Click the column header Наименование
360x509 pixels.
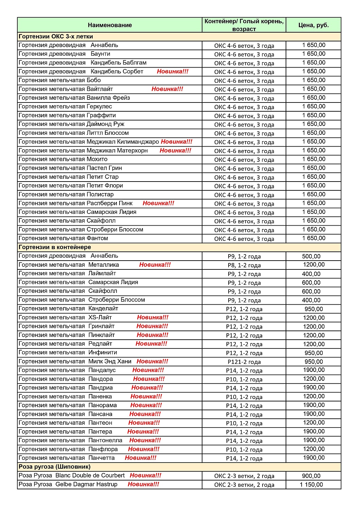[110, 25]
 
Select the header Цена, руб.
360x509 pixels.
[313, 25]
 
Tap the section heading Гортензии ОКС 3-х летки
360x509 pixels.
[56, 37]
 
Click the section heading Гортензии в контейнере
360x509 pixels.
[55, 247]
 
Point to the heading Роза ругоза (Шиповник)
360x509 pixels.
[54, 467]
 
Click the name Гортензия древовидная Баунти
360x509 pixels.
[64, 54]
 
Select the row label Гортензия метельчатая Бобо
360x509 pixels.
[60, 80]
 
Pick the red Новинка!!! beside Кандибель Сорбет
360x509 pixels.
[173, 72]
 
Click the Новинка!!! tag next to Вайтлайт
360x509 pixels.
[167, 89]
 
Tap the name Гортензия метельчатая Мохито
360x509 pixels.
[63, 159]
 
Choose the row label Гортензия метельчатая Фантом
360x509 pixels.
[63, 239]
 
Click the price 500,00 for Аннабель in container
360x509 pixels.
[311, 257]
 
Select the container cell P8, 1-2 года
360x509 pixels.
[244, 265]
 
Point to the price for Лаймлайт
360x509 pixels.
[311, 274]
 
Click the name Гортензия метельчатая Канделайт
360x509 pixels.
[68, 309]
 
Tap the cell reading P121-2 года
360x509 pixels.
[244, 362]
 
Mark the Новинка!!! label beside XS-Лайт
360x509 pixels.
[152, 318]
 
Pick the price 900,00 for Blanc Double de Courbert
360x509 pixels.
[311, 476]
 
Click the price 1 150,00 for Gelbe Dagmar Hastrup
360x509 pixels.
[311, 485]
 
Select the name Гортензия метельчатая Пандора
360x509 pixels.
[66, 379]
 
